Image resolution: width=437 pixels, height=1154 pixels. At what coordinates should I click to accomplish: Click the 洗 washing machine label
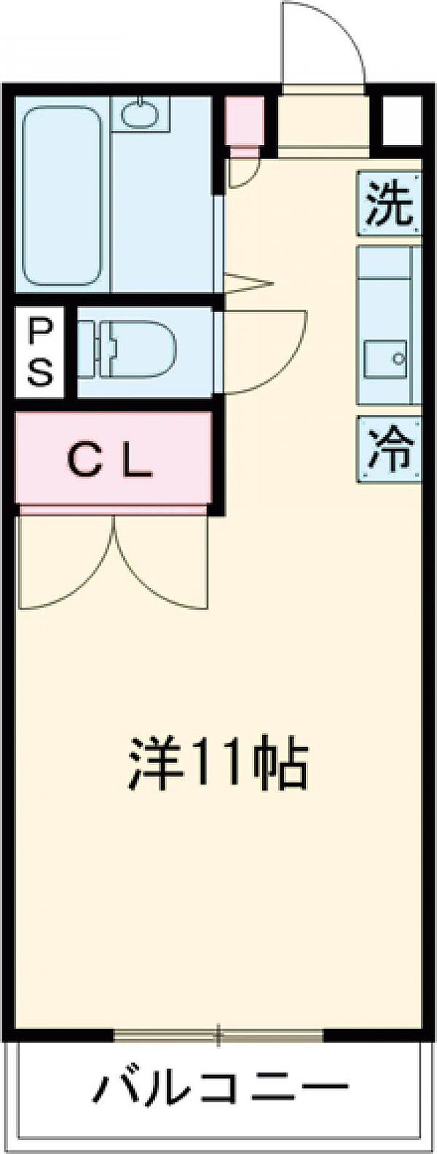click(x=388, y=204)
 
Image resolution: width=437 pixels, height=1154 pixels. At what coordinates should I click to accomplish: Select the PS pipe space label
click(x=39, y=353)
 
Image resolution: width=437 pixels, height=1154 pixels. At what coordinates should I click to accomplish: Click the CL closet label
click(x=110, y=461)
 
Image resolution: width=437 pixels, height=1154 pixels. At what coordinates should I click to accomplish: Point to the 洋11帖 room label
click(x=218, y=764)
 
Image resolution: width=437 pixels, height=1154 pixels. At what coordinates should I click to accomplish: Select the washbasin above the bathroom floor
click(x=141, y=112)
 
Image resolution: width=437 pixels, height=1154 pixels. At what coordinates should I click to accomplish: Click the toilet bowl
click(x=134, y=349)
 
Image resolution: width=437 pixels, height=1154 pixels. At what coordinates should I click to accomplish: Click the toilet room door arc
click(x=268, y=353)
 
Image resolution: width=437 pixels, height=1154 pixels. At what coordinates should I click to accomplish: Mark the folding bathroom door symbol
click(x=247, y=284)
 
